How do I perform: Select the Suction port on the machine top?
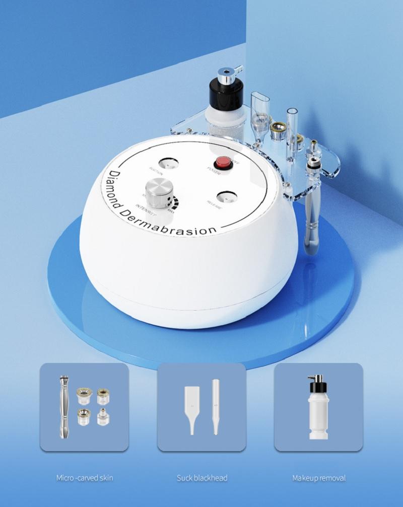click(168, 164)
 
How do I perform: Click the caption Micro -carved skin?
click(84, 478)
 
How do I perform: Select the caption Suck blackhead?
click(201, 478)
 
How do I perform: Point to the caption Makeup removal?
click(319, 478)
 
